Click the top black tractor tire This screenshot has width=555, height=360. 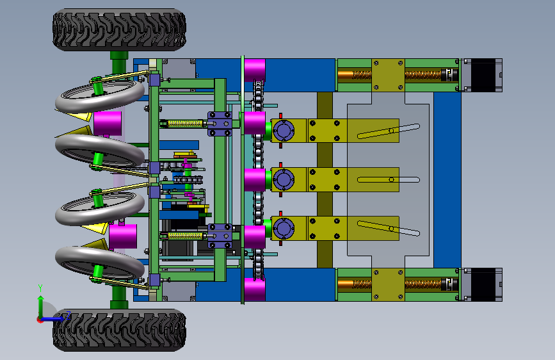[x=119, y=29]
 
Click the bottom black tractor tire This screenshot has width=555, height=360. [x=119, y=330]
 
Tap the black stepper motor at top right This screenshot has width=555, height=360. [x=483, y=75]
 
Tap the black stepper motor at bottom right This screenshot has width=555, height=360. [x=483, y=285]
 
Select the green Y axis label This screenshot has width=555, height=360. [x=40, y=288]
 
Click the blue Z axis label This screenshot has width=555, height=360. [x=68, y=315]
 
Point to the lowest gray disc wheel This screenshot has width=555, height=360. [x=100, y=263]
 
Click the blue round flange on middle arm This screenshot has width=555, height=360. [x=284, y=179]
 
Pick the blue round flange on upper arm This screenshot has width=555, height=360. [x=284, y=131]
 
